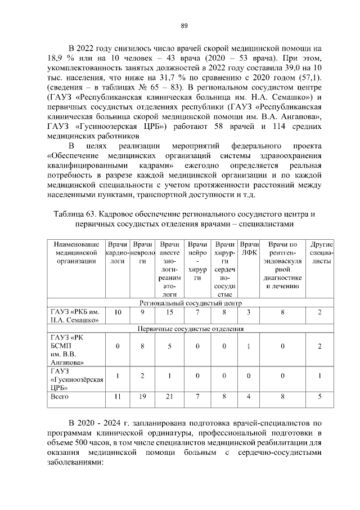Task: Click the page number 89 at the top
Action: tap(184, 25)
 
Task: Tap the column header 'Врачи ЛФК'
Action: tap(249, 251)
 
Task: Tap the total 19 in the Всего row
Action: tap(143, 397)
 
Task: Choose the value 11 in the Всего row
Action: tap(118, 397)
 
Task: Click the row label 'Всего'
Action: tap(60, 397)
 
